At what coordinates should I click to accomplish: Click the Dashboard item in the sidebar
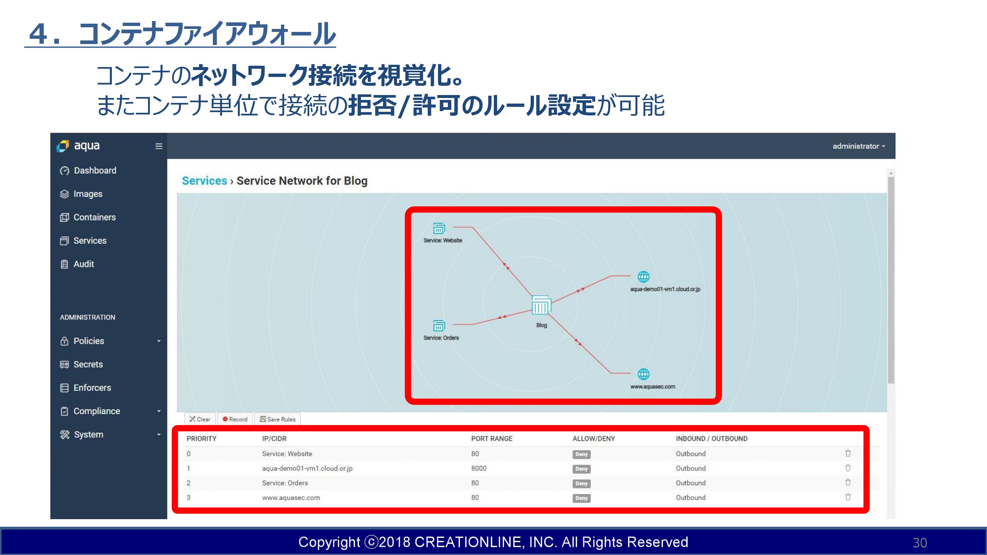click(88, 170)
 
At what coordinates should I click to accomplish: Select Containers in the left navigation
click(88, 217)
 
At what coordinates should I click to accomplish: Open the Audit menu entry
click(77, 264)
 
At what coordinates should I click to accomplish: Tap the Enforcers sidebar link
click(86, 388)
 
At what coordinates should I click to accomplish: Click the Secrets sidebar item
click(81, 364)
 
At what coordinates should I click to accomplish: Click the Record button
click(235, 419)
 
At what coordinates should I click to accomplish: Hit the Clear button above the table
click(200, 419)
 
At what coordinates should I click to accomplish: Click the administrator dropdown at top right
click(859, 146)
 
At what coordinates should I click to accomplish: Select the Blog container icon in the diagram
click(541, 305)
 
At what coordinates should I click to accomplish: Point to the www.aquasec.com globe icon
click(643, 374)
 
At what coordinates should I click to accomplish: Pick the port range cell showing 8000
click(479, 468)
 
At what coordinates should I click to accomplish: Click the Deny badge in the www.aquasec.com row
click(581, 498)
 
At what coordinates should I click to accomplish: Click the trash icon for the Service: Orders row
click(848, 483)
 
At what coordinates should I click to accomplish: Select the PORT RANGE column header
click(492, 439)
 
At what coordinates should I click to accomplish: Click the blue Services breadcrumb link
click(204, 181)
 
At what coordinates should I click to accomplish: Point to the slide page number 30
click(920, 543)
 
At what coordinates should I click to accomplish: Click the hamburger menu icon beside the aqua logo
click(159, 146)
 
